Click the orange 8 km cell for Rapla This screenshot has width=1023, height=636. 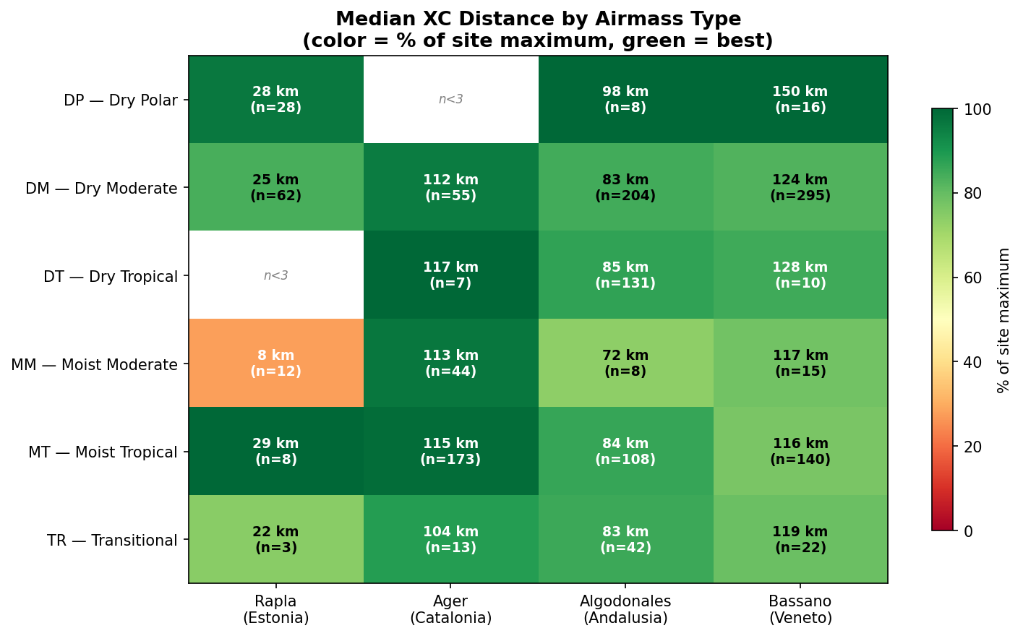(275, 363)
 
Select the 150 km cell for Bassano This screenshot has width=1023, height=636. (800, 100)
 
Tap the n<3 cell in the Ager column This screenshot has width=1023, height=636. (450, 100)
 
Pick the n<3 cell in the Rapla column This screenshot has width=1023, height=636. (275, 275)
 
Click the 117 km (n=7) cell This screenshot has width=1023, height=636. (450, 275)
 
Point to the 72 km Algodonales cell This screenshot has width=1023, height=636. (625, 363)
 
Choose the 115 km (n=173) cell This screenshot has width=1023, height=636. (450, 451)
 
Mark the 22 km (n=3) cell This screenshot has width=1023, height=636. (275, 539)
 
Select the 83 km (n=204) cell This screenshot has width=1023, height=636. (625, 187)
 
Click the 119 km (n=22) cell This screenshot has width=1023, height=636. (800, 539)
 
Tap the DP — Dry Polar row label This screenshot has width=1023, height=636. (121, 100)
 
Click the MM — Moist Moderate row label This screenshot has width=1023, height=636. (95, 364)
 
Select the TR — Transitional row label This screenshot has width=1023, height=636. (112, 541)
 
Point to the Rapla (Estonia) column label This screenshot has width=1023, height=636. (275, 609)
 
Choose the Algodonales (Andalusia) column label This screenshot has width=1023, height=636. (625, 609)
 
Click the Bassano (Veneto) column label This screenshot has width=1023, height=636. (800, 609)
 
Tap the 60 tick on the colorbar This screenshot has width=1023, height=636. (973, 278)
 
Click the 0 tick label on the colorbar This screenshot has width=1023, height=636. (967, 531)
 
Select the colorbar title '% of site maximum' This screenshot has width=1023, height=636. (1003, 320)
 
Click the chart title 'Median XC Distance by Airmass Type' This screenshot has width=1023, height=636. (538, 20)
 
